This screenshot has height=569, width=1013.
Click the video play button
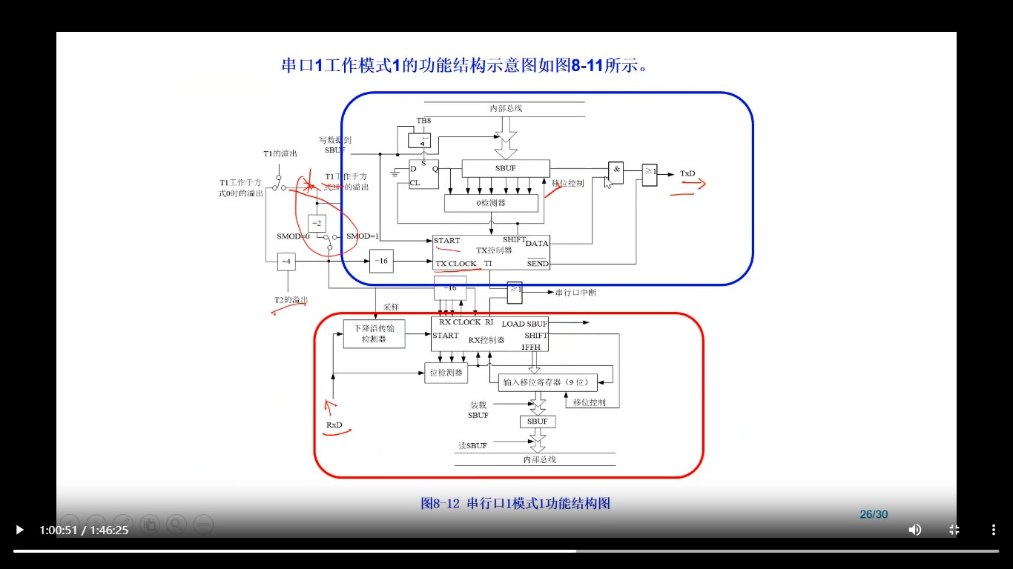coord(19,530)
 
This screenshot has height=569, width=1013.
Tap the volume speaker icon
coord(915,530)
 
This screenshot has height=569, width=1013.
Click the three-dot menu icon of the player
coord(993,530)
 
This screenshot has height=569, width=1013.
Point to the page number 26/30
coord(874,514)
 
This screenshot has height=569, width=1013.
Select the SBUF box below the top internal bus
coord(506,168)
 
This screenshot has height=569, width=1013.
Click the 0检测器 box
coord(491,203)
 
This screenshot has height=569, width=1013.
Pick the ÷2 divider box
coord(317,223)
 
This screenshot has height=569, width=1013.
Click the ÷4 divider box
coord(286,261)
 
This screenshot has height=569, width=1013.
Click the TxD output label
coord(687,173)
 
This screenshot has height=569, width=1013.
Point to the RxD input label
coord(334,425)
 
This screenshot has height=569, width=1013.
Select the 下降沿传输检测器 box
coord(374,333)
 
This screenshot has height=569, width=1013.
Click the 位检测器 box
coord(446,373)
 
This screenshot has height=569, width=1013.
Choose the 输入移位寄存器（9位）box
coord(547,382)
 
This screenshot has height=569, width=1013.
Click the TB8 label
coord(423,121)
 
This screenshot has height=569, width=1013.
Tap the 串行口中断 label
coord(575,293)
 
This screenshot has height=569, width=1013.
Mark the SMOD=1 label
coord(363,236)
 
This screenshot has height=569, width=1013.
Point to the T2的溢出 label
coord(291,300)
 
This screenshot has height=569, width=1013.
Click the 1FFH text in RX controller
coord(531,347)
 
